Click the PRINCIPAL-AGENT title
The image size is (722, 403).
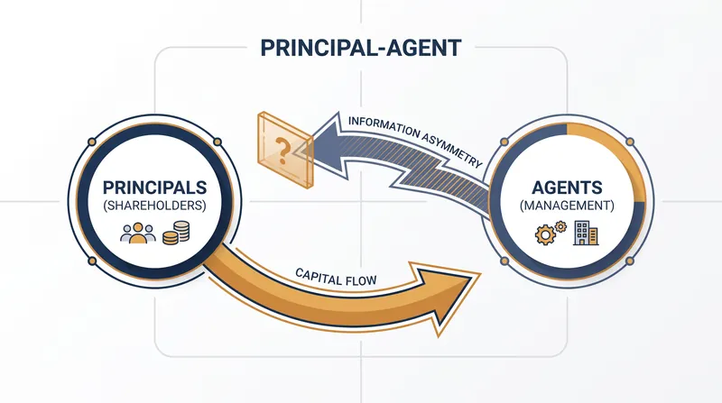click(x=360, y=48)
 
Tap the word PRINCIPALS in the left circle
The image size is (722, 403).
click(x=154, y=188)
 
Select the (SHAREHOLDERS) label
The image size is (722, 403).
click(x=154, y=206)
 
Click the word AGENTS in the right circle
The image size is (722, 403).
click(x=567, y=188)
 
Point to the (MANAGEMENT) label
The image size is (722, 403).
click(x=567, y=206)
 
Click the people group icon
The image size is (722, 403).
click(x=138, y=233)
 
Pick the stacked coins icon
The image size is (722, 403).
click(x=176, y=233)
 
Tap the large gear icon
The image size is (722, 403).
click(x=546, y=235)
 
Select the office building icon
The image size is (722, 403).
click(x=586, y=233)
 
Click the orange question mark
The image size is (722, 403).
click(x=282, y=151)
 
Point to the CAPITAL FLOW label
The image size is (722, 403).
click(x=336, y=277)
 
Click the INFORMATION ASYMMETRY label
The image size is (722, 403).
click(x=415, y=141)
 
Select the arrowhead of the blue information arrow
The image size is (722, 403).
click(x=322, y=148)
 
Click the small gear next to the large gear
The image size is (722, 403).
click(x=560, y=226)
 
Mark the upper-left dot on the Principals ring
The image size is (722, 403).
click(x=92, y=142)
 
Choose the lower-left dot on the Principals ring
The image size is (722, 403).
click(x=92, y=261)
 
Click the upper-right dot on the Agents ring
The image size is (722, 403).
click(x=630, y=142)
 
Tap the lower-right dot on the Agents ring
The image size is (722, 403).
click(x=630, y=261)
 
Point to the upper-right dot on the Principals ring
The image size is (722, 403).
click(x=218, y=142)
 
